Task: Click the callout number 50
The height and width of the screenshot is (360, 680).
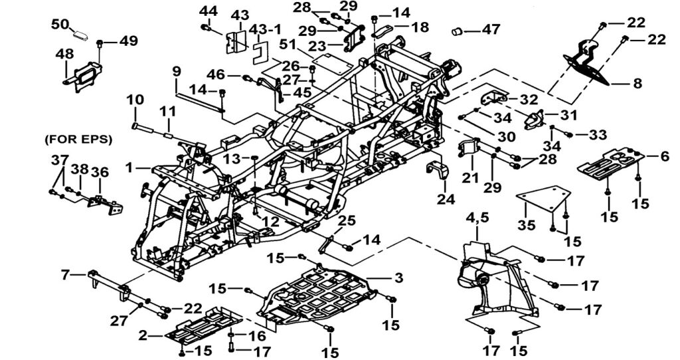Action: tap(60, 25)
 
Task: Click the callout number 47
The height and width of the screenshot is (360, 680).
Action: tap(491, 31)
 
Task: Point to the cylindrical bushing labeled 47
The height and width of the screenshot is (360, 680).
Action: tap(458, 31)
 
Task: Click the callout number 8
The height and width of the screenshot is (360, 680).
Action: tap(637, 84)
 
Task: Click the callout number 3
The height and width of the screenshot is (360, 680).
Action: tap(398, 276)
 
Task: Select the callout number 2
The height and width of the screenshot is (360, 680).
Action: tap(143, 335)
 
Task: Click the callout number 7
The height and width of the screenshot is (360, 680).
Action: tap(64, 274)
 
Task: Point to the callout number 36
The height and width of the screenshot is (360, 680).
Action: tap(100, 171)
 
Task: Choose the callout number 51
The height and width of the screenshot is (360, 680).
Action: tap(287, 45)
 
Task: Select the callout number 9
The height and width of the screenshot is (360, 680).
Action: tap(177, 71)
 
